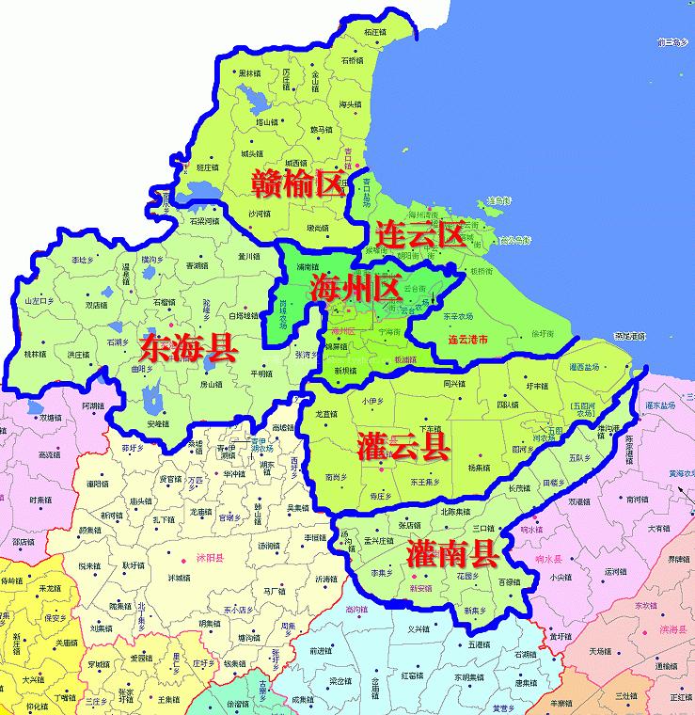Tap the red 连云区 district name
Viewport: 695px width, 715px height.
pyautogui.click(x=419, y=233)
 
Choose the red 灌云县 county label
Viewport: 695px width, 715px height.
pyautogui.click(x=403, y=447)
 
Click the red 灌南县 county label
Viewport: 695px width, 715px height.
pyautogui.click(x=452, y=553)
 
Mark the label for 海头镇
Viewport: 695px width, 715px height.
pyautogui.click(x=350, y=104)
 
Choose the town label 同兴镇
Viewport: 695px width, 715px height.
pyautogui.click(x=454, y=384)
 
